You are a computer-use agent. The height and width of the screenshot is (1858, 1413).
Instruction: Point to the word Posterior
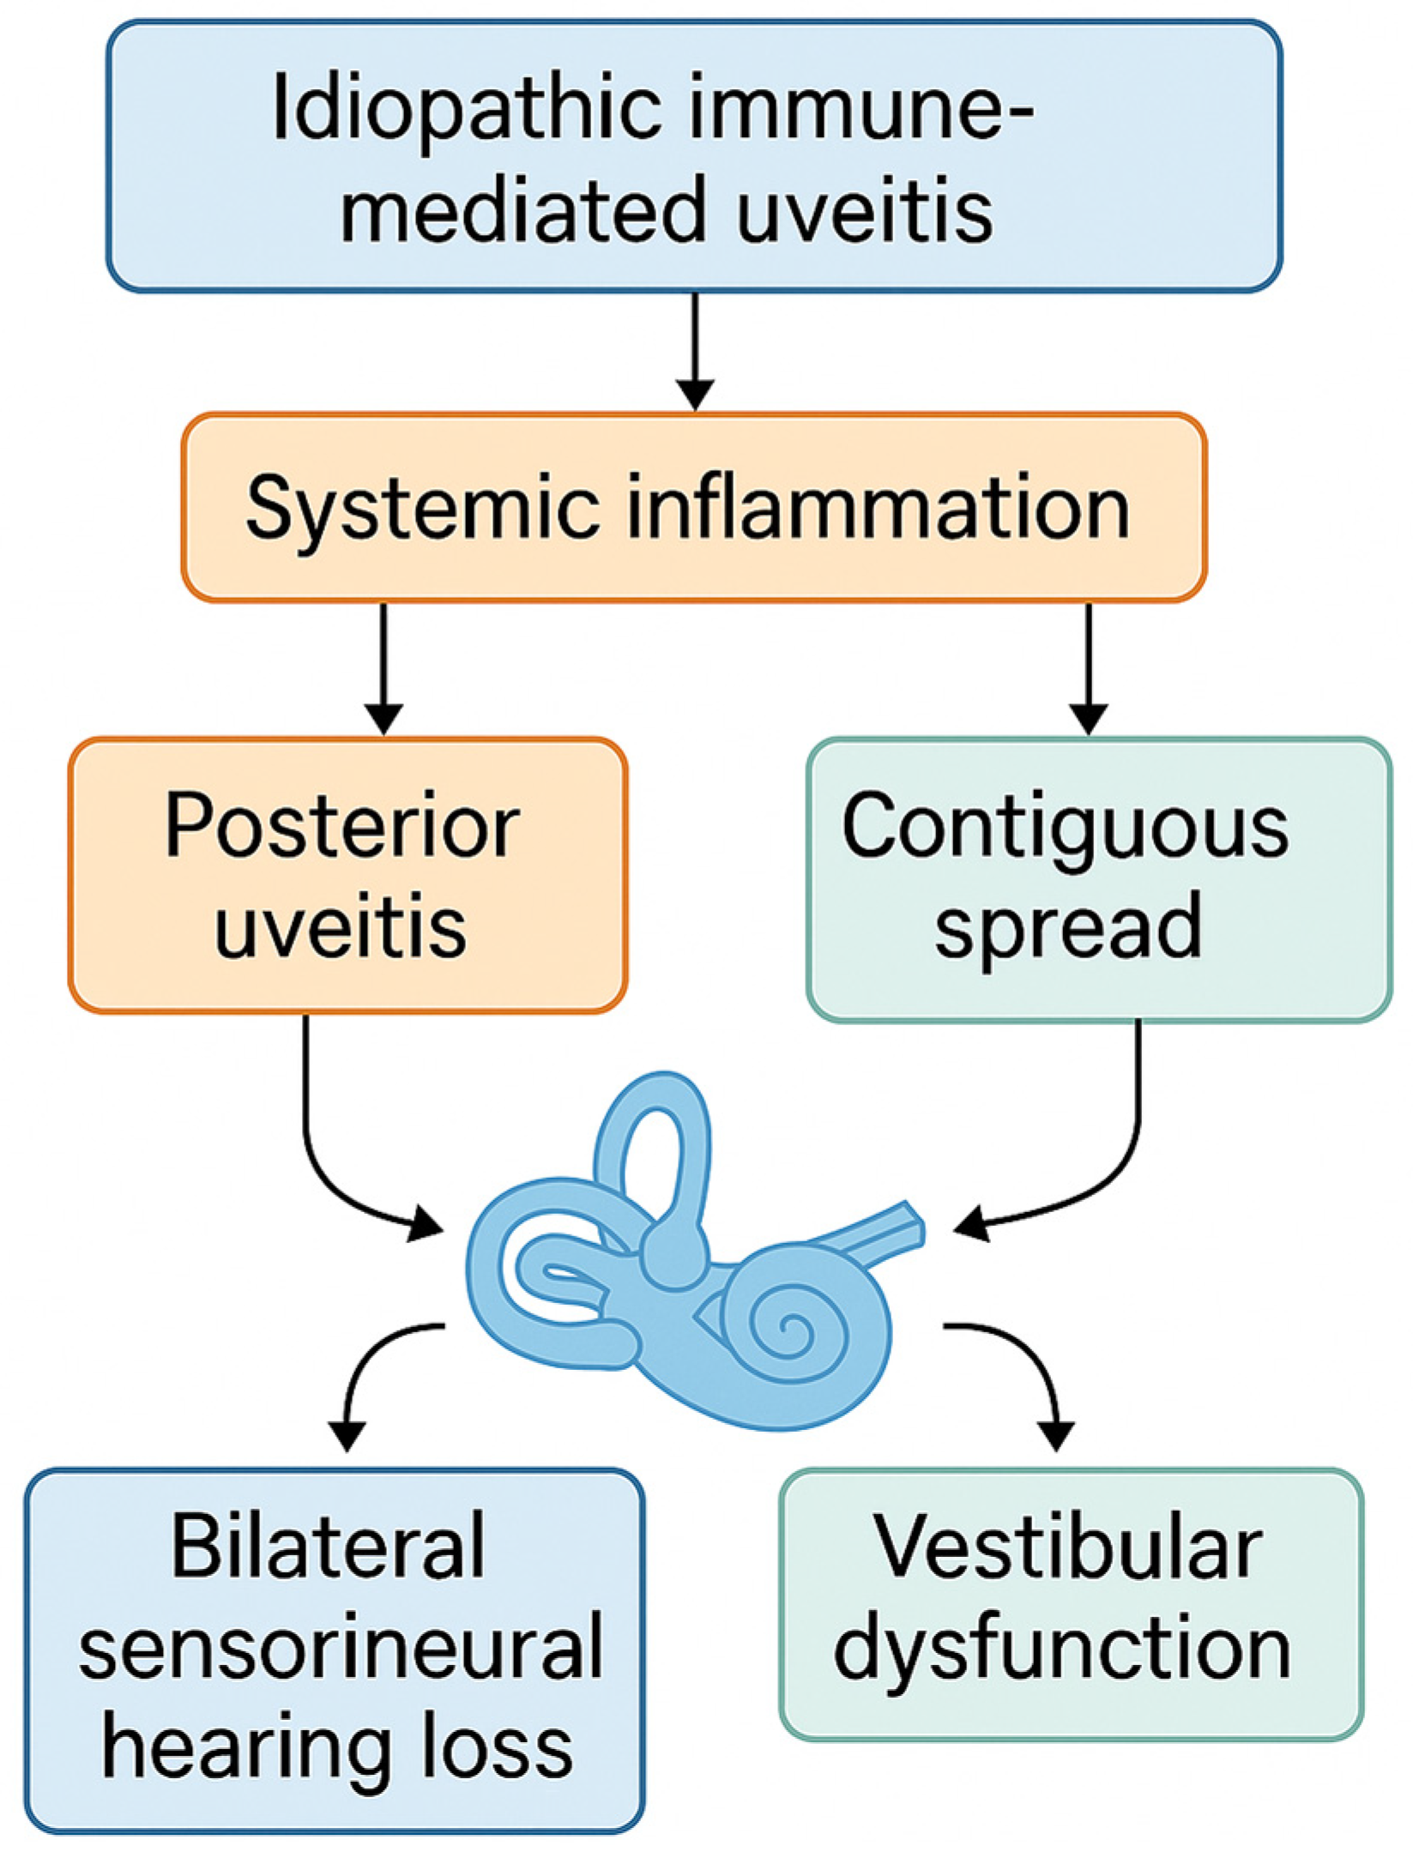342,826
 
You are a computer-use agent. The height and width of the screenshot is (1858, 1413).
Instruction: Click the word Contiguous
1065,826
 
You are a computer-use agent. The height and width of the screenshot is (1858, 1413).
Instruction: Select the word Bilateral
329,1547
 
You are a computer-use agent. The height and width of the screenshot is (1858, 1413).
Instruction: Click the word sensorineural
341,1646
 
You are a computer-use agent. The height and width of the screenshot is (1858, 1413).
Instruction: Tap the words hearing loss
337,1744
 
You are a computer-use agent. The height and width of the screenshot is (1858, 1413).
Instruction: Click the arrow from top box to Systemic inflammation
695,352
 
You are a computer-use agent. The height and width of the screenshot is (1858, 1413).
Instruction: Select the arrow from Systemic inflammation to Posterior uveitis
383,669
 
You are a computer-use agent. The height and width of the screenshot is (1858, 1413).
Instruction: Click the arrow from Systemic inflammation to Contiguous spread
1089,669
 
